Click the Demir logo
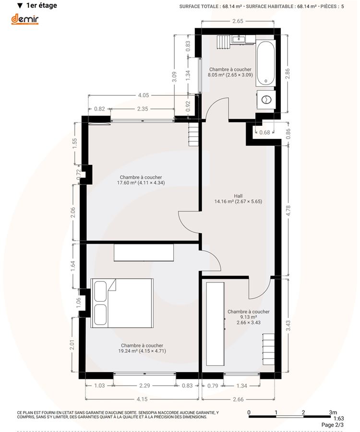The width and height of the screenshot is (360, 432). click(25, 19)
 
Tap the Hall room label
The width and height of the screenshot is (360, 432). click(238, 196)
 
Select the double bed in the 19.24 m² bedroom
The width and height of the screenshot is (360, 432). click(122, 303)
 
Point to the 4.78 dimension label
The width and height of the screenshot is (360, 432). click(288, 211)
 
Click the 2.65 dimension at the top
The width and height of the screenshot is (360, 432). click(238, 21)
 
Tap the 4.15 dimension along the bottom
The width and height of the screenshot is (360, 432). click(142, 399)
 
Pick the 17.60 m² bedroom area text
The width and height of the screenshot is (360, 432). click(141, 183)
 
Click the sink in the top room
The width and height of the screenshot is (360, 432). click(238, 39)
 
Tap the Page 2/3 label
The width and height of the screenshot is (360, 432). click(333, 425)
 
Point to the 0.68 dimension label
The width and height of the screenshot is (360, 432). click(264, 132)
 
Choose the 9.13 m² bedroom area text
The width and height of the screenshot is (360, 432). click(248, 317)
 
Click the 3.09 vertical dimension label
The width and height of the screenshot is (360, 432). click(174, 77)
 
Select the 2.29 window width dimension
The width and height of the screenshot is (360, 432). click(144, 385)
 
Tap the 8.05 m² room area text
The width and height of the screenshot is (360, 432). click(230, 75)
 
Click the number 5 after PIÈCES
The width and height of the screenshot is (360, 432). click(342, 6)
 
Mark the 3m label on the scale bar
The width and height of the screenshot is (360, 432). click(333, 412)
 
